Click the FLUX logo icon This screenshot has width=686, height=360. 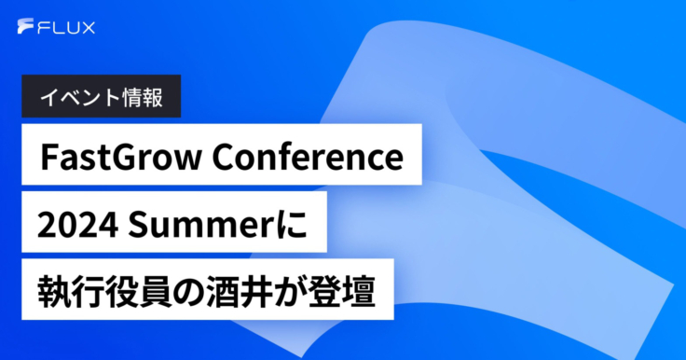coord(25,26)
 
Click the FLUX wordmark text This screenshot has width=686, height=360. coord(66,28)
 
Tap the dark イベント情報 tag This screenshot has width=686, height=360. coord(101,96)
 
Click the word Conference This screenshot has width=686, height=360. coord(308,157)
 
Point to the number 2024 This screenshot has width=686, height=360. coord(77,225)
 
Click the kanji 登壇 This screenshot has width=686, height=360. coord(342,292)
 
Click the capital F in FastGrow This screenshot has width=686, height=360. coord(49,157)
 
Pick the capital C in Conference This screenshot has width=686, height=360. coord(223,157)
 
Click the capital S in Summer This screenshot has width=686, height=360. coord(137,225)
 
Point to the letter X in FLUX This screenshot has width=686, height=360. coord(88,28)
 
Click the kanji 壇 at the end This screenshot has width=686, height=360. coord(359,292)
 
